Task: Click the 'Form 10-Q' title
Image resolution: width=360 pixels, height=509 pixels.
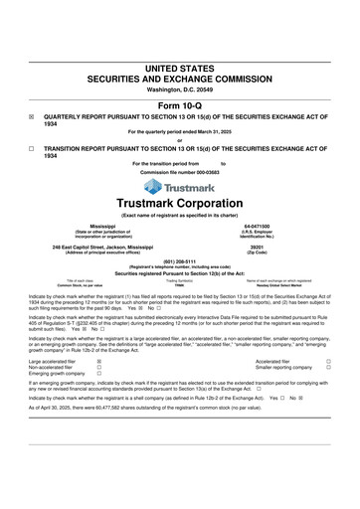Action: coord(180,104)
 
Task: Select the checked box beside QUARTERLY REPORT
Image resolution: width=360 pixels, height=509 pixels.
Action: coord(32,115)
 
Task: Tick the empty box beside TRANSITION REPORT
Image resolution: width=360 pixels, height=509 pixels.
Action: coord(32,148)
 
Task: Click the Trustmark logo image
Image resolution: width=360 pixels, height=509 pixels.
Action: coord(179,185)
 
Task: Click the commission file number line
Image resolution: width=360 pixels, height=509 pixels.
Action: coord(179,171)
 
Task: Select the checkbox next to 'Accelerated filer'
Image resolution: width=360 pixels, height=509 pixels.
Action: coord(329,362)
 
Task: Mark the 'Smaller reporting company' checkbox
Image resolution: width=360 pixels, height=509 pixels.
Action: coord(329,368)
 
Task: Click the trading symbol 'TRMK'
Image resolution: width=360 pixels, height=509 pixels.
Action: coord(179,285)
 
